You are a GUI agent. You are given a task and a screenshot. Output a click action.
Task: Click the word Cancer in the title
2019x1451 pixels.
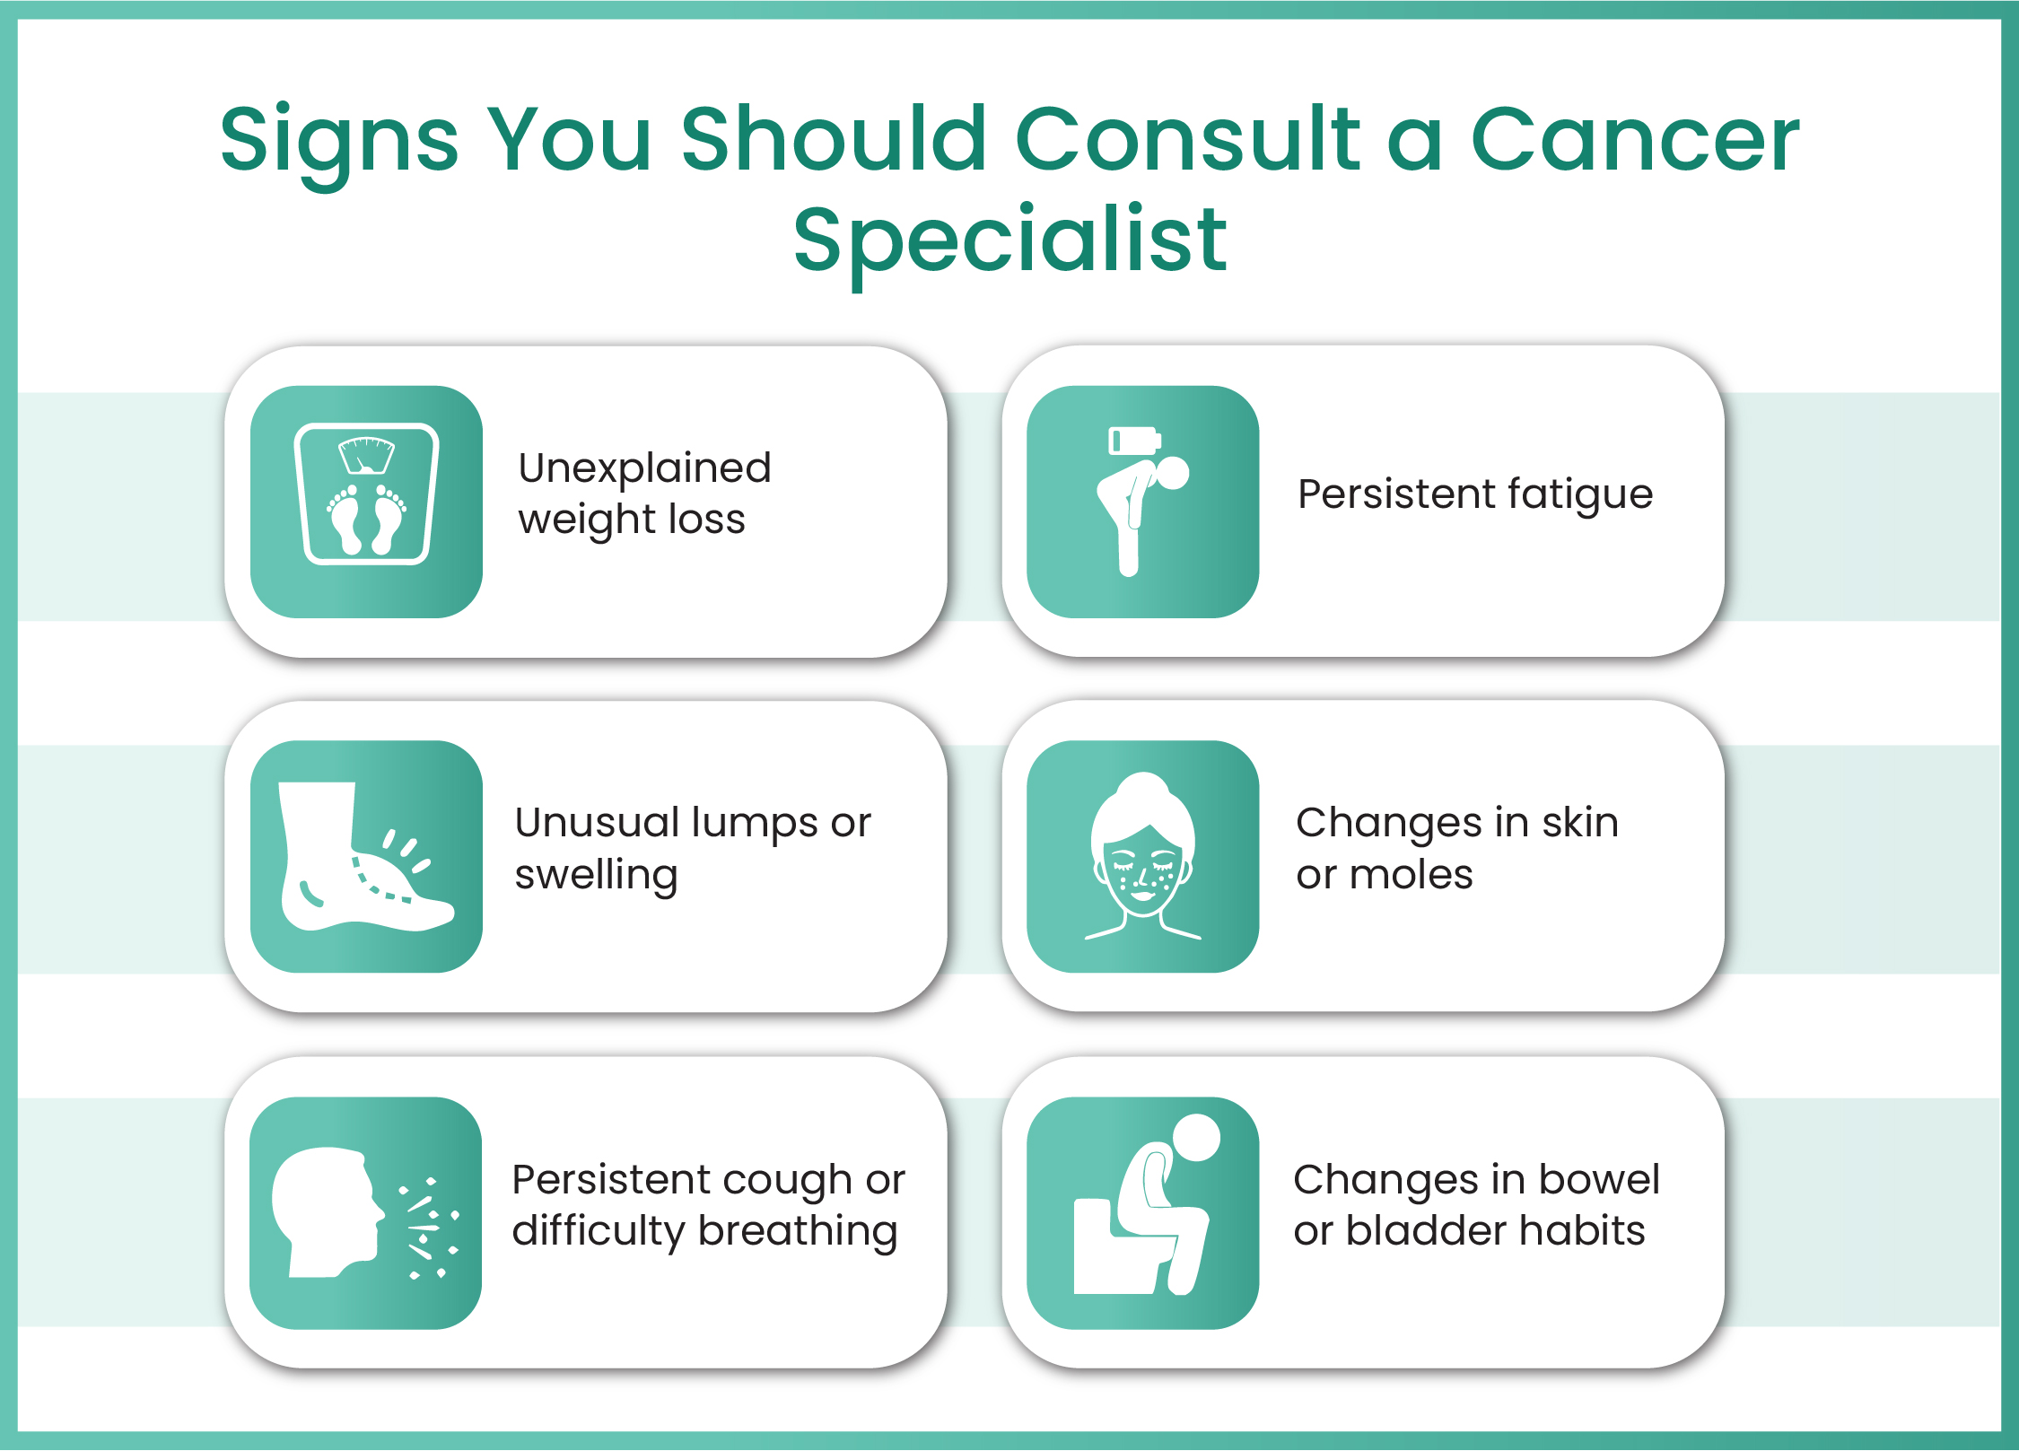(x=1634, y=140)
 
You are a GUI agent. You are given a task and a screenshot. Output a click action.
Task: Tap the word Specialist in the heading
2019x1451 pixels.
(x=1009, y=240)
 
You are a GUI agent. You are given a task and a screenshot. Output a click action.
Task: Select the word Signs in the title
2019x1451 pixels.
(x=338, y=142)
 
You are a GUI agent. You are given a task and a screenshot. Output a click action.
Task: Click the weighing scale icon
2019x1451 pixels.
(x=366, y=494)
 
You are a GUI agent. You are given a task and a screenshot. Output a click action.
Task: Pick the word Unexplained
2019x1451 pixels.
(x=644, y=468)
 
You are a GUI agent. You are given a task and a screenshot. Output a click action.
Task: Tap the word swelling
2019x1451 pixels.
(x=596, y=876)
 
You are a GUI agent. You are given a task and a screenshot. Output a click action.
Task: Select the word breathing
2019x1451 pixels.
(x=798, y=1232)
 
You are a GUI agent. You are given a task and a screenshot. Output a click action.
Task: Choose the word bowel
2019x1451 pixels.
(x=1599, y=1180)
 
